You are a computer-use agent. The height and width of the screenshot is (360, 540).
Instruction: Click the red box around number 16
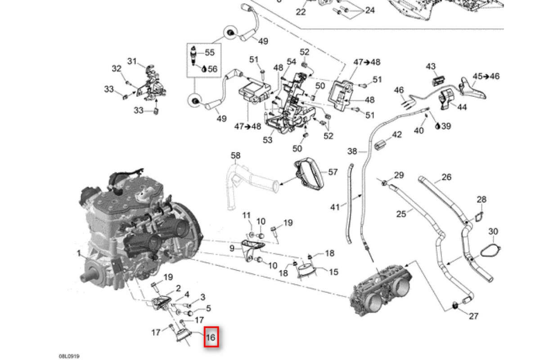pos(211,337)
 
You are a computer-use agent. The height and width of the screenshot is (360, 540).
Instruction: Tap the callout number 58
pos(236,156)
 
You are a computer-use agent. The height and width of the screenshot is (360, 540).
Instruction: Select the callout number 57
pos(333,172)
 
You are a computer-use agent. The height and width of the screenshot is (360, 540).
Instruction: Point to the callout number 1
pos(78,254)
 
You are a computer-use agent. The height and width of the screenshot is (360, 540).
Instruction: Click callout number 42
pos(396,135)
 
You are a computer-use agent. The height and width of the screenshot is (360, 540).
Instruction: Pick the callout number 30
pos(493,231)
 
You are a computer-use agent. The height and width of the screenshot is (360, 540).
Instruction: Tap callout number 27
pos(473,316)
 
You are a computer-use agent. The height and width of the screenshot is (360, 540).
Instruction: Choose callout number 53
pos(268,140)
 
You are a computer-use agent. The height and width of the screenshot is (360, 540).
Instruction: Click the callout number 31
pos(131,61)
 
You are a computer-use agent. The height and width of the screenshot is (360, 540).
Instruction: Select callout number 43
pos(431,67)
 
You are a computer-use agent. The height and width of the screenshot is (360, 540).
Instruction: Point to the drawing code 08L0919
pos(72,355)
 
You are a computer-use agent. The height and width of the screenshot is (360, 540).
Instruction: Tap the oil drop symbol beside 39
pos(438,126)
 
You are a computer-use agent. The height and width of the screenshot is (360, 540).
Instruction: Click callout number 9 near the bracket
pos(232,248)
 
